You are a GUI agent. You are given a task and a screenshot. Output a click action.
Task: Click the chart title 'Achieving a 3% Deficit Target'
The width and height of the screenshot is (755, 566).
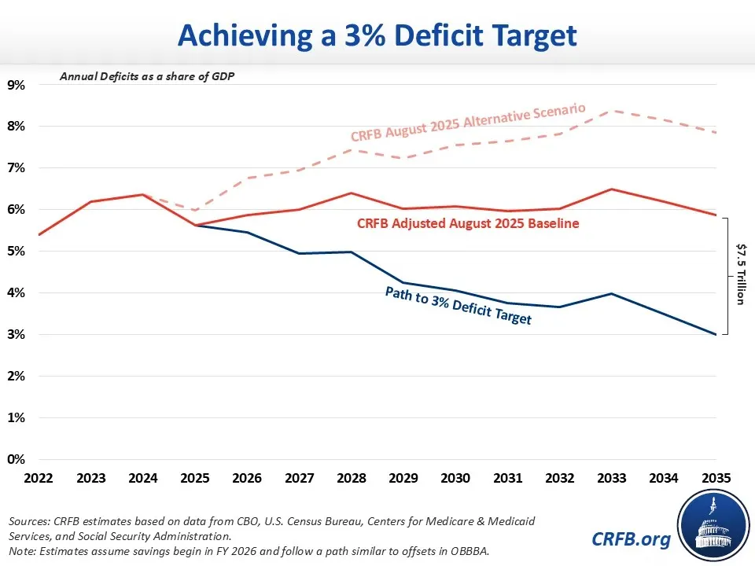coord(377,35)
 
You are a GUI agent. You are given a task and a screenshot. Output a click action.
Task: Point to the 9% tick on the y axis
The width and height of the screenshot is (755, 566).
coord(17,85)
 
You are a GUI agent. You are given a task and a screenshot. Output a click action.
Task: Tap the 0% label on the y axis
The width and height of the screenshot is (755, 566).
coord(17,460)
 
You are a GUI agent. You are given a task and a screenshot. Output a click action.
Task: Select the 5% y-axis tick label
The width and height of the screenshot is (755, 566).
coord(17,252)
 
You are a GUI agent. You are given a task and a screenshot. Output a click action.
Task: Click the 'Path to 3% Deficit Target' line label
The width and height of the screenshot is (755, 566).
coord(458,306)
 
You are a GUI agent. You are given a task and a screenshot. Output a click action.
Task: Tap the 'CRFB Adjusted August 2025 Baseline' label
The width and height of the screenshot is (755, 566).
coord(468,224)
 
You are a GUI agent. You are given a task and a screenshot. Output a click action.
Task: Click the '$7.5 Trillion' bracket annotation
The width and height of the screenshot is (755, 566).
coord(740,276)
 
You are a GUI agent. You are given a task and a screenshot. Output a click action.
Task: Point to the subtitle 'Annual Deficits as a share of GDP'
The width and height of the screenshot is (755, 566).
coord(146,77)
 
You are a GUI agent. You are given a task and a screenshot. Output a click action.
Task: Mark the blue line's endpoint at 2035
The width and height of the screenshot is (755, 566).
coord(716,335)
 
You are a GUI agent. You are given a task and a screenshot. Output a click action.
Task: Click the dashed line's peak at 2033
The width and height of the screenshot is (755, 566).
coord(612,111)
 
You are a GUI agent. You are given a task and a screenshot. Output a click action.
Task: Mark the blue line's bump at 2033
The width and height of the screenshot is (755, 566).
coord(612,294)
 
